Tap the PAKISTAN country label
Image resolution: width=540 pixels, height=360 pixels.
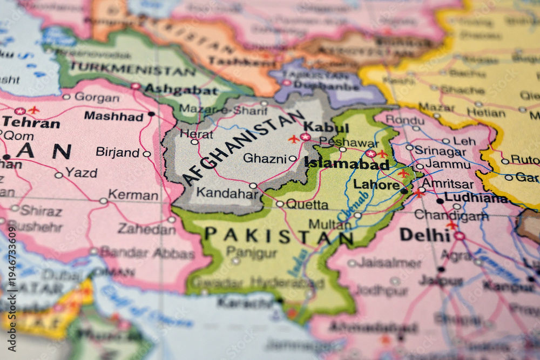tap(279, 235)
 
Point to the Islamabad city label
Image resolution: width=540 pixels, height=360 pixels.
tap(347, 164)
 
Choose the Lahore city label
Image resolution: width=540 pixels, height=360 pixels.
tap(376, 185)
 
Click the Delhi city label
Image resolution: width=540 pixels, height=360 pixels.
tap(425, 235)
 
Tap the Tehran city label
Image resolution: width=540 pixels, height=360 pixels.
tap(31, 123)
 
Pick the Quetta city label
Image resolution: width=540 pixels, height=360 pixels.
tap(307, 205)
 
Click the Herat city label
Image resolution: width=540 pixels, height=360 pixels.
tap(197, 133)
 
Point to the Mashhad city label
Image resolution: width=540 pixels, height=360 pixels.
tap(113, 116)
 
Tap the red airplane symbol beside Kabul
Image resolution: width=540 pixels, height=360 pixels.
tap(294, 139)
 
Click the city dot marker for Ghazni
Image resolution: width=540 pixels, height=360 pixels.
tap(293, 158)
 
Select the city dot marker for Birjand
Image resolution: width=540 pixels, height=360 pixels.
tap(146, 154)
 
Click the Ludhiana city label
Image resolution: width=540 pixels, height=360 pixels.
tap(476, 198)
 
